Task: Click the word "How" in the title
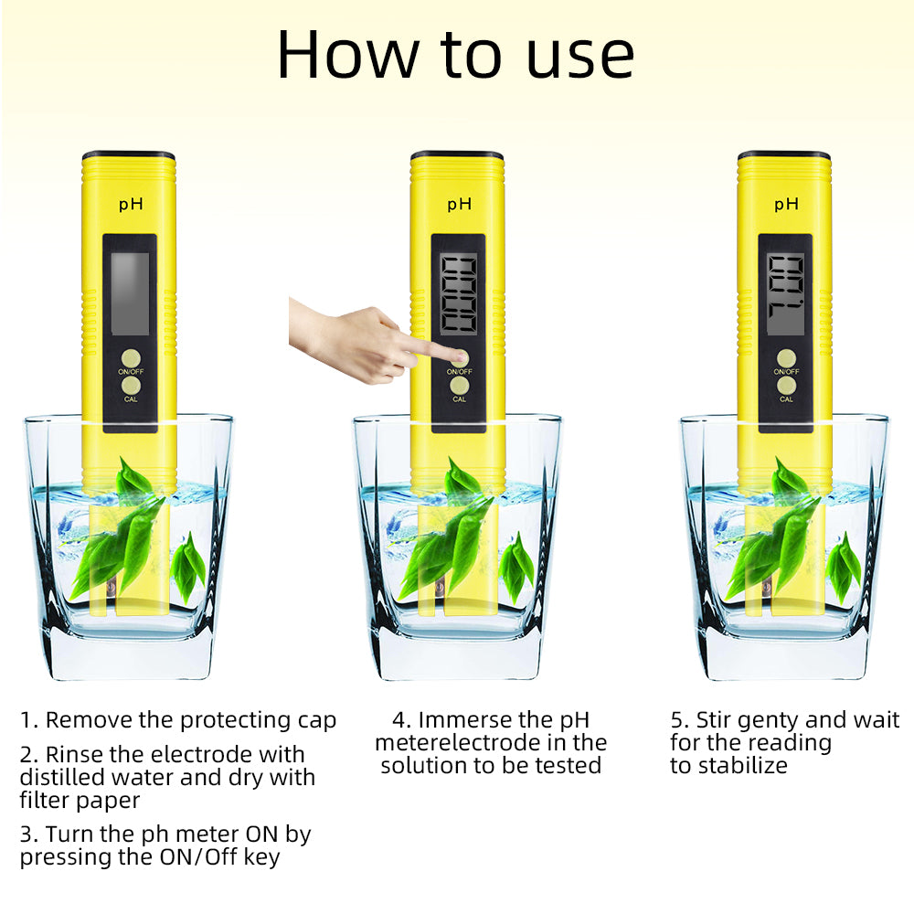tap(344, 55)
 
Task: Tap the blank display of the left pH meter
tap(130, 293)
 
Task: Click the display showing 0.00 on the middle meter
tap(458, 293)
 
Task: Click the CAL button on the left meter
tap(131, 388)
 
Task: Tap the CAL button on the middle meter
tap(459, 388)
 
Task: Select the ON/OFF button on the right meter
tap(786, 359)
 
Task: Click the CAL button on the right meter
tap(786, 388)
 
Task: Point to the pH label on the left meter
tap(131, 205)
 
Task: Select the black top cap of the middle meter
tap(457, 155)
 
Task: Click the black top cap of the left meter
tap(129, 155)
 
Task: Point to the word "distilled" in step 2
tap(62, 778)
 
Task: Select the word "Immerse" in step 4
tap(462, 720)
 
